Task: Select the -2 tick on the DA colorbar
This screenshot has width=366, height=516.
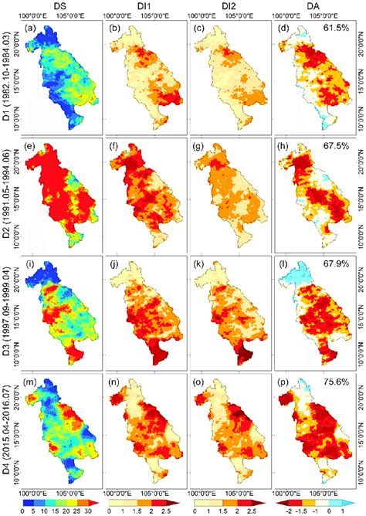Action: pyautogui.click(x=291, y=510)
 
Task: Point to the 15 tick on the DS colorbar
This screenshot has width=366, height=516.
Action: pyautogui.click(x=56, y=510)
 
